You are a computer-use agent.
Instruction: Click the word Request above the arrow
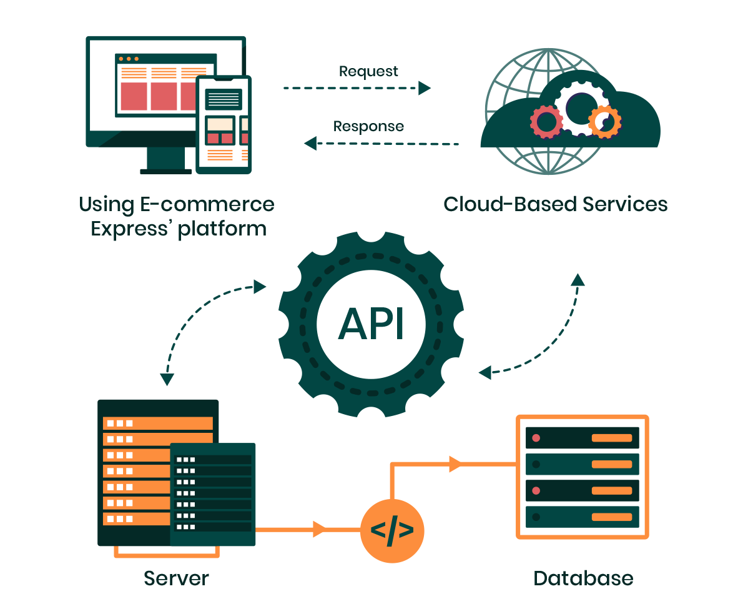pyautogui.click(x=368, y=71)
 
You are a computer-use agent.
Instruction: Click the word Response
pyautogui.click(x=368, y=127)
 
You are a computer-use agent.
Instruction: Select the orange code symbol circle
pyautogui.click(x=392, y=531)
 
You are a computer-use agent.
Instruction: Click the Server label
pyautogui.click(x=176, y=578)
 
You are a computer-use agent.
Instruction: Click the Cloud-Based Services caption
pyautogui.click(x=555, y=205)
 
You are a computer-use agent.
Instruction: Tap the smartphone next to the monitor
pyautogui.click(x=224, y=125)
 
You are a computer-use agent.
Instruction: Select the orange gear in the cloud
pyautogui.click(x=604, y=121)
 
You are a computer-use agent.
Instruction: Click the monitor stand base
pyautogui.click(x=165, y=171)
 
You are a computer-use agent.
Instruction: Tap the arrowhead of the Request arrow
pyautogui.click(x=425, y=88)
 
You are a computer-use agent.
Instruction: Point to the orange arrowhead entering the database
pyautogui.click(x=455, y=464)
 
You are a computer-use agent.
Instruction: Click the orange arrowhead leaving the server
pyautogui.click(x=319, y=530)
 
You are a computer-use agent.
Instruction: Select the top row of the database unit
pyautogui.click(x=583, y=438)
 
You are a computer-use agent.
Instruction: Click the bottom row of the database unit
pyautogui.click(x=583, y=517)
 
